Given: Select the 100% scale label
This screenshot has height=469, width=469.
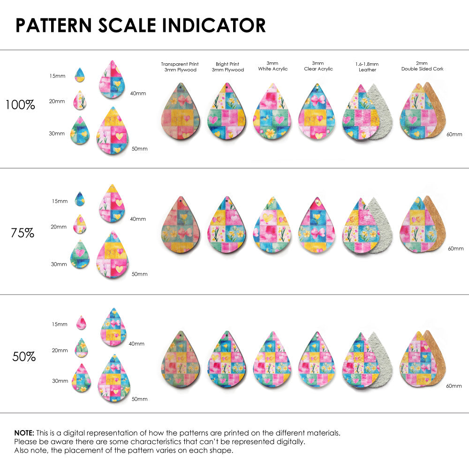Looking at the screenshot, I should (x=20, y=105).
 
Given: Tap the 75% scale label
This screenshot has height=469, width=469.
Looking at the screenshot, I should (x=23, y=233).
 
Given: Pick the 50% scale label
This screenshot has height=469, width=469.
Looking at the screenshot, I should (x=24, y=357).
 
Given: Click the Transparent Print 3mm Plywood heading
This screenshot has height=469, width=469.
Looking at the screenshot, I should (x=180, y=67).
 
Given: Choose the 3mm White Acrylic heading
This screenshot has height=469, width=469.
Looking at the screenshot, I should (x=272, y=66).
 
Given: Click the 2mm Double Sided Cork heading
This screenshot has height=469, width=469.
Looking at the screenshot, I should (x=422, y=66).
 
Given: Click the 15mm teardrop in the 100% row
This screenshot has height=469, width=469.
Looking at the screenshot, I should (x=80, y=75).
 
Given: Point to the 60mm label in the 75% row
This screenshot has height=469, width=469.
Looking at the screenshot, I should (x=455, y=248).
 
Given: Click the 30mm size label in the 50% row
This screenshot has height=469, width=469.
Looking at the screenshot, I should (x=60, y=381).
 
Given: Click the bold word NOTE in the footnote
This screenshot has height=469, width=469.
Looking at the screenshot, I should (x=23, y=432).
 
